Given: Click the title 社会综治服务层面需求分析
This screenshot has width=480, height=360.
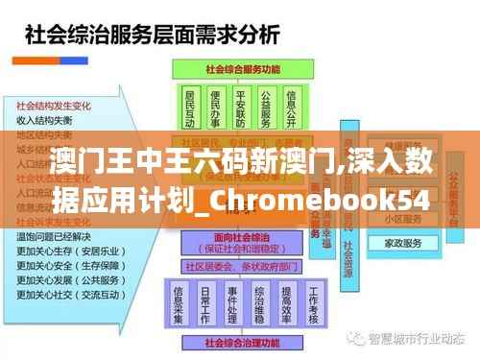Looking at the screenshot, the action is click(x=151, y=36).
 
